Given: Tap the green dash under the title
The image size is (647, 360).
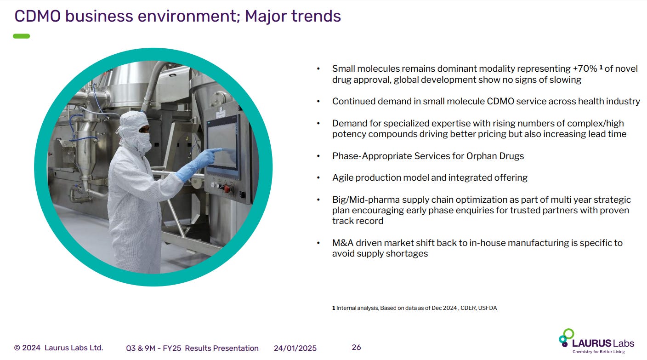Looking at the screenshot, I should [x=22, y=36].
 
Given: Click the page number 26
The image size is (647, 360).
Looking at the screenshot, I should [x=356, y=347].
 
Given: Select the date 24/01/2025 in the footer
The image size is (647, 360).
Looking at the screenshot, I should [x=295, y=348].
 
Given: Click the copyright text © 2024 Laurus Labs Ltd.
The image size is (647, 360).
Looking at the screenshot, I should [x=59, y=348].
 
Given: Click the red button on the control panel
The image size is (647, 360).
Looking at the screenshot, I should [x=226, y=188].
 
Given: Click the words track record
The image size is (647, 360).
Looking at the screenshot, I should [x=358, y=221].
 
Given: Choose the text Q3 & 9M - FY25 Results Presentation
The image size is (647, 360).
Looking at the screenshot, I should [x=192, y=348].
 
